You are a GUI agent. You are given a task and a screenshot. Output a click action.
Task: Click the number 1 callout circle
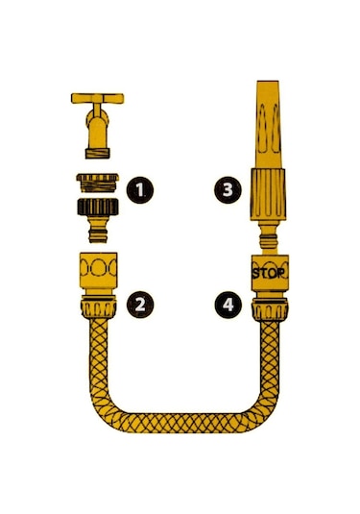pos(142,190)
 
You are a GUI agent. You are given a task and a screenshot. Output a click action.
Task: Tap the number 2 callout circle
pos(142,305)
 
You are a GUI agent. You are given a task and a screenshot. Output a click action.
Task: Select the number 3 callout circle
pos(228,190)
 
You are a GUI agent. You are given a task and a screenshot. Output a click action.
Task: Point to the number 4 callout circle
pos(228,305)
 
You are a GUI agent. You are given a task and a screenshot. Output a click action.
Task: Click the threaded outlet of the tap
pos(97,150)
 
